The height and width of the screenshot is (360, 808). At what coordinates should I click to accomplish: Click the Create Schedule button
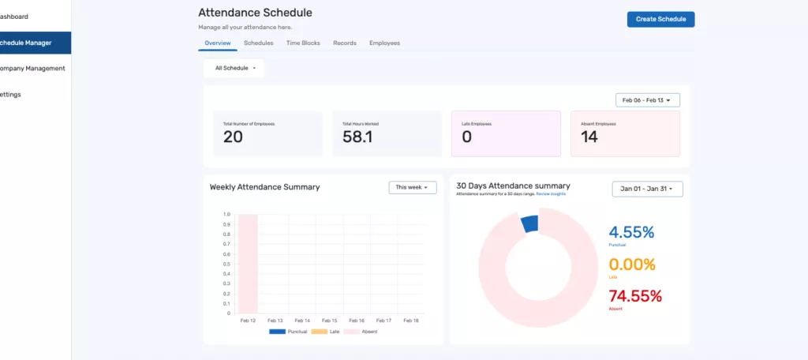point(660,19)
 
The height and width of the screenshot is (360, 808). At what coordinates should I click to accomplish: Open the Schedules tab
point(259,43)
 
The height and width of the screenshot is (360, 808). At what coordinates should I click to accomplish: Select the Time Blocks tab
point(303,43)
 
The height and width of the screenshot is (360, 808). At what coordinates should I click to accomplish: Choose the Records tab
point(345,43)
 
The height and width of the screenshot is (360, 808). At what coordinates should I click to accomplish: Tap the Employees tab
point(384,43)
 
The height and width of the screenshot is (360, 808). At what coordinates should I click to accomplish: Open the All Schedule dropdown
point(235,68)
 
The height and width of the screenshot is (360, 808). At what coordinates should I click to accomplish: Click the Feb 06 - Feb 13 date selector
point(647,100)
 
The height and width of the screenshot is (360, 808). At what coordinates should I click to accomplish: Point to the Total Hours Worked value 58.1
point(357,137)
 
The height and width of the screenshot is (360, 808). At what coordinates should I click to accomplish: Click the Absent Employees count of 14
point(589,137)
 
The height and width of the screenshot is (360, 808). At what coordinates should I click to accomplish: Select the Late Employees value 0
point(466,137)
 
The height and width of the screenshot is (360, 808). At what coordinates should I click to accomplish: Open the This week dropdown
point(413,187)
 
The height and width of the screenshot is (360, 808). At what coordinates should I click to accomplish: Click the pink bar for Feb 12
point(248,264)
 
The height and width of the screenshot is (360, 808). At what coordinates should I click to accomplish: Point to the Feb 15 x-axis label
point(330,321)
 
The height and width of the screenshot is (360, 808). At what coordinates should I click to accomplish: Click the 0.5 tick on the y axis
point(226,264)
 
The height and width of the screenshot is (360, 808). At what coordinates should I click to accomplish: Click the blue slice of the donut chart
point(529,224)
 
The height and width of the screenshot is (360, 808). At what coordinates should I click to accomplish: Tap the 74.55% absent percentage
point(635,296)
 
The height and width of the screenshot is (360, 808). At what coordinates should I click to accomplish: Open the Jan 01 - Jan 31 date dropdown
point(648,189)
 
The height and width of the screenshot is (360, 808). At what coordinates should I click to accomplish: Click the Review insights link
point(552,193)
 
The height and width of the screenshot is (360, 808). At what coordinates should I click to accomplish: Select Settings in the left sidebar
point(10,94)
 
